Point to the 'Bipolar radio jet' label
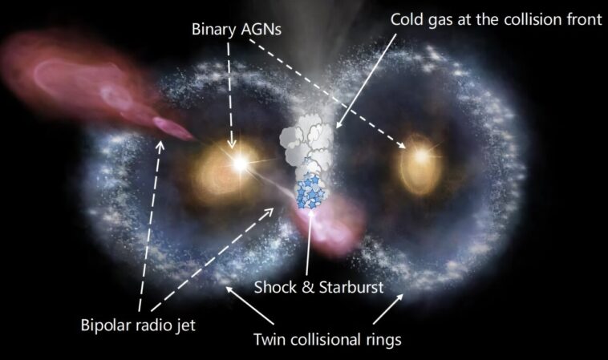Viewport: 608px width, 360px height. click(x=137, y=326)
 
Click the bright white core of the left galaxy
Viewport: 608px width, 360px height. click(x=238, y=162)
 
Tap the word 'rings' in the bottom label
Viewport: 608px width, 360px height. click(x=383, y=339)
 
